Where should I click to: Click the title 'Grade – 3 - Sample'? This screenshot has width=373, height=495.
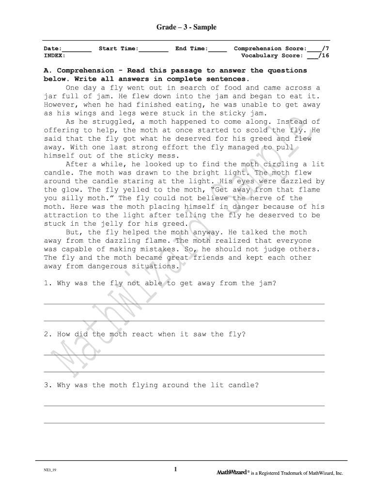click(x=186, y=28)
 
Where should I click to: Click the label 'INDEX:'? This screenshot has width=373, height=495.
click(x=55, y=56)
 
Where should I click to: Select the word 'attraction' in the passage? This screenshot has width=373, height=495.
click(x=65, y=215)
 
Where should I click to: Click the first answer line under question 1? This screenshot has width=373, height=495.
click(x=184, y=304)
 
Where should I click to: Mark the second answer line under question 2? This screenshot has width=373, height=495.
click(x=184, y=372)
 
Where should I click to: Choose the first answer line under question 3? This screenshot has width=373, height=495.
click(x=184, y=406)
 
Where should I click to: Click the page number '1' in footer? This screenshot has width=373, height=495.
click(x=175, y=469)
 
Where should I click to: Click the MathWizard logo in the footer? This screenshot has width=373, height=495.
click(x=232, y=473)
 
